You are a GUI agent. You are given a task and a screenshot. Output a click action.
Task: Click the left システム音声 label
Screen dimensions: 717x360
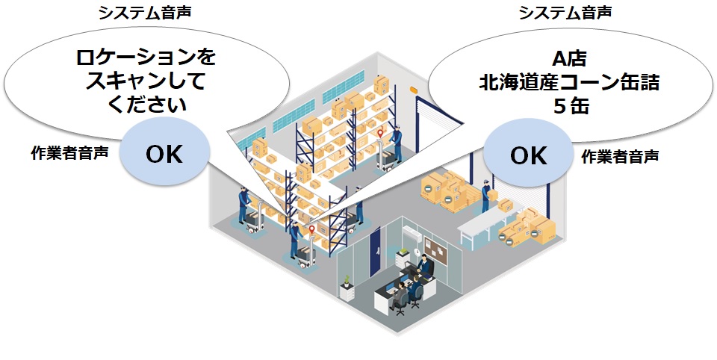[144, 13]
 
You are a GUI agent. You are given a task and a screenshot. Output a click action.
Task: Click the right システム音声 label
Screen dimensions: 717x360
[565, 13]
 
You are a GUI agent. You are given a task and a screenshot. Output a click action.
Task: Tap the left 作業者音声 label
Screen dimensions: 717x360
[69, 153]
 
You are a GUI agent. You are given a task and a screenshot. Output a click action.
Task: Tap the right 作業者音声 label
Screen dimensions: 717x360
[620, 157]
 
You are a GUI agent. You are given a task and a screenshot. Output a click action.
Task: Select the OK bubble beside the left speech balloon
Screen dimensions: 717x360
[164, 152]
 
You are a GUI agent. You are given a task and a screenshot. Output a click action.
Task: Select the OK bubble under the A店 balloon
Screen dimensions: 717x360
[528, 153]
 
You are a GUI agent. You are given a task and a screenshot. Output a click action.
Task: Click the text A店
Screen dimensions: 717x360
[569, 59]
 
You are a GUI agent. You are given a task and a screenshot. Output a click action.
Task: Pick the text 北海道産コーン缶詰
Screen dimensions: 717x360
[569, 83]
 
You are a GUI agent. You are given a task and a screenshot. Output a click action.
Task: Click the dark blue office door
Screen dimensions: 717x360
[375, 252]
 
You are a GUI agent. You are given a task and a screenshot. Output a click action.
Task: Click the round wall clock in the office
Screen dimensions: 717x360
[417, 252]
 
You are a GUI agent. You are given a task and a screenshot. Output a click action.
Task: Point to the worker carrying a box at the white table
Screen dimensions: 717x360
[486, 196]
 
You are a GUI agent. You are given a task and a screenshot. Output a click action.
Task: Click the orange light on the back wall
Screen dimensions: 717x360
[414, 90]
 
